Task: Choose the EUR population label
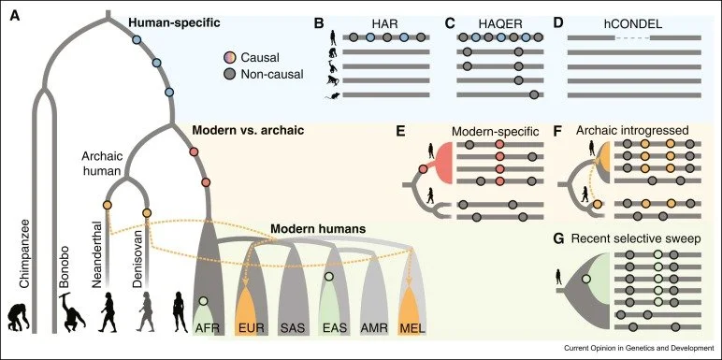[247, 328]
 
